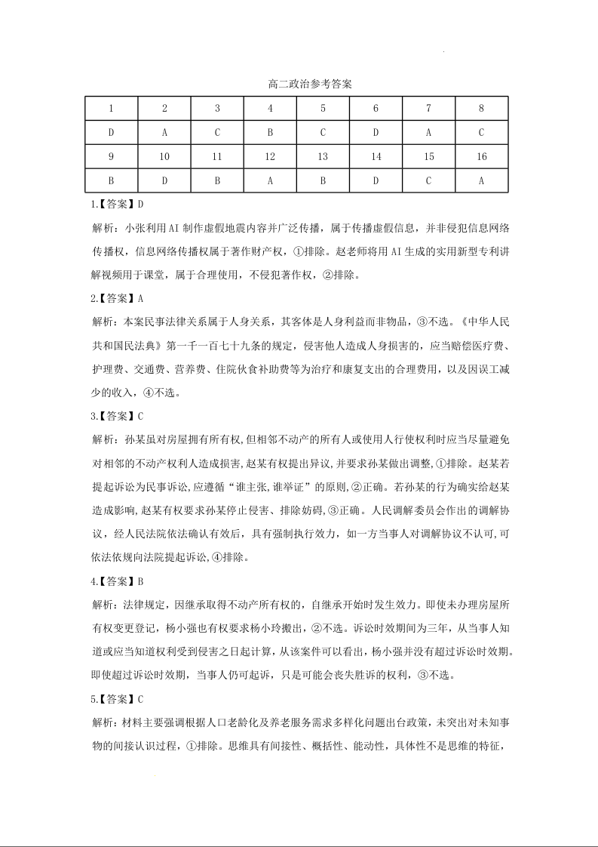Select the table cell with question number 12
tap(270, 157)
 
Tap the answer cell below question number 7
tap(428, 132)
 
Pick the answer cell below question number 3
tap(217, 132)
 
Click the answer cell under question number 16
tap(482, 181)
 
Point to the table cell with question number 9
tap(111, 157)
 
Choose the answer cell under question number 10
tap(164, 181)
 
